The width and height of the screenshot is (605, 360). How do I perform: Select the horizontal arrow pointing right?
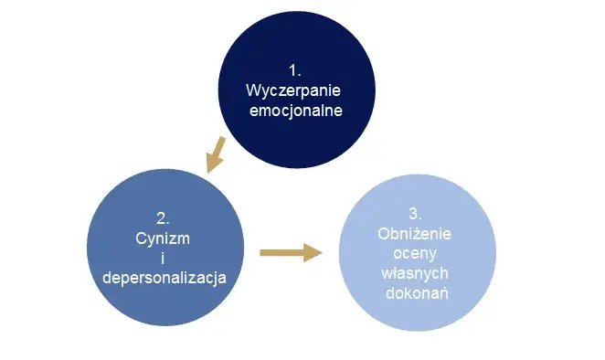(x=291, y=252)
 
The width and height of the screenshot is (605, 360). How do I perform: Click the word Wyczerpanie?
(x=294, y=92)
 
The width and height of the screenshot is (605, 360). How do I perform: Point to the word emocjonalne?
(x=294, y=112)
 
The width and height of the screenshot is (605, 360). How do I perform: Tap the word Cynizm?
(x=163, y=238)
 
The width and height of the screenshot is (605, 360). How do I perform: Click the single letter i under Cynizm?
(x=163, y=257)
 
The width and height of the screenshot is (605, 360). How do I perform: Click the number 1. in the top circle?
(x=294, y=72)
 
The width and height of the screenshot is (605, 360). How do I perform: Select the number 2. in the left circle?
(x=163, y=218)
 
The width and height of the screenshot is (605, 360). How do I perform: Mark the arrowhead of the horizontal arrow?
(x=313, y=252)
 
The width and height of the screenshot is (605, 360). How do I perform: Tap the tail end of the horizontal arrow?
(x=264, y=252)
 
